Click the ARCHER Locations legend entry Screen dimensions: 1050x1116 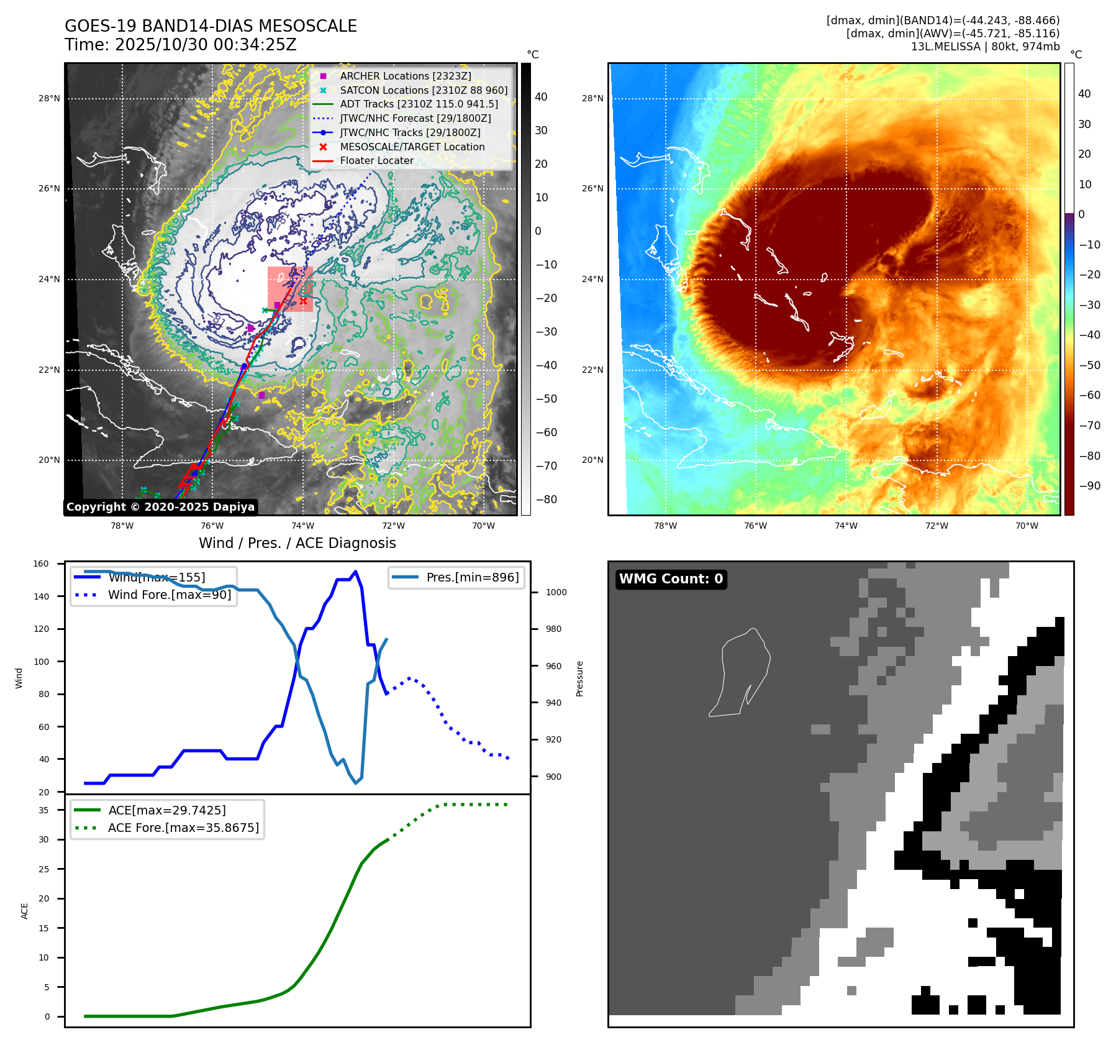point(405,76)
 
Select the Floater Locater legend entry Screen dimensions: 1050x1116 point(376,160)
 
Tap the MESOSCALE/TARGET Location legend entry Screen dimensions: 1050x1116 point(412,147)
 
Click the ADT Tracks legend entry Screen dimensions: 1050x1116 point(419,104)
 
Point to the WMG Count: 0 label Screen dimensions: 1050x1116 point(671,579)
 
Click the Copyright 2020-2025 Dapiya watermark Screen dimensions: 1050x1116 point(160,507)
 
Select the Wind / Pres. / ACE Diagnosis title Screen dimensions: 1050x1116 point(297,543)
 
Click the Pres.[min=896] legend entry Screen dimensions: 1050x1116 point(472,577)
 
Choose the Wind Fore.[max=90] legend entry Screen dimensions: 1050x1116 point(169,595)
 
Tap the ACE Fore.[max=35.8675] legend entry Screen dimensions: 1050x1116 point(183,828)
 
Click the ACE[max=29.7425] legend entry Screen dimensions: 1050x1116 point(166,810)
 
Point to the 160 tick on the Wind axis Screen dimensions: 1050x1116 point(41,564)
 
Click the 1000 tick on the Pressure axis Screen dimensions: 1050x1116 point(556,592)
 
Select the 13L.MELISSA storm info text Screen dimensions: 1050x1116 point(985,47)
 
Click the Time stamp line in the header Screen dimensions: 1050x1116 point(180,45)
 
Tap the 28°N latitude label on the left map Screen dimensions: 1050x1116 point(49,98)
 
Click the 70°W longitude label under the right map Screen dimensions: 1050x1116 point(1027,526)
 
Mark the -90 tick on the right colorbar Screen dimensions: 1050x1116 point(1089,486)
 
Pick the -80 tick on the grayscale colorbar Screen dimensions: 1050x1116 point(546,500)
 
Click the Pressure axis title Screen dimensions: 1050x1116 point(579,678)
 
